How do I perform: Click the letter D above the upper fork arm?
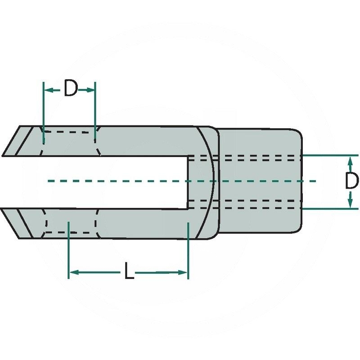(x=70, y=89)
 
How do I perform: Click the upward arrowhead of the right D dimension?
(x=350, y=160)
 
